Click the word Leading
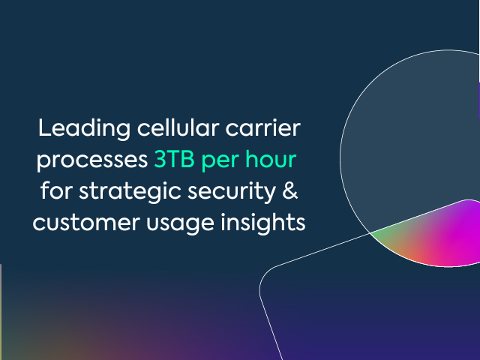tap(84, 129)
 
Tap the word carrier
tap(263, 127)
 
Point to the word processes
tap(92, 160)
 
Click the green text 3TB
tap(174, 159)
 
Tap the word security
tap(232, 192)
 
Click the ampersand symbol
tap(290, 190)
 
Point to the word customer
tap(86, 223)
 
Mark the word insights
tap(263, 223)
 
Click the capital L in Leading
tap(44, 127)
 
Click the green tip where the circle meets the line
tap(371, 233)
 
